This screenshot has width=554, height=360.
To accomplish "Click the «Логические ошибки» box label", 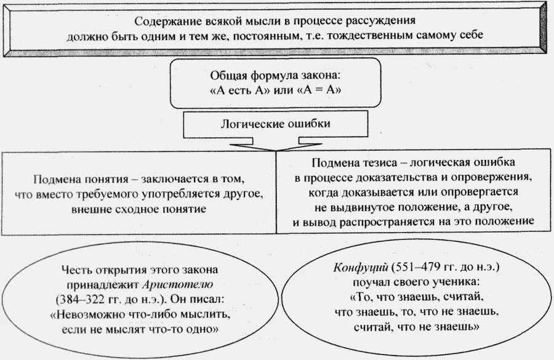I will click(275, 124).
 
